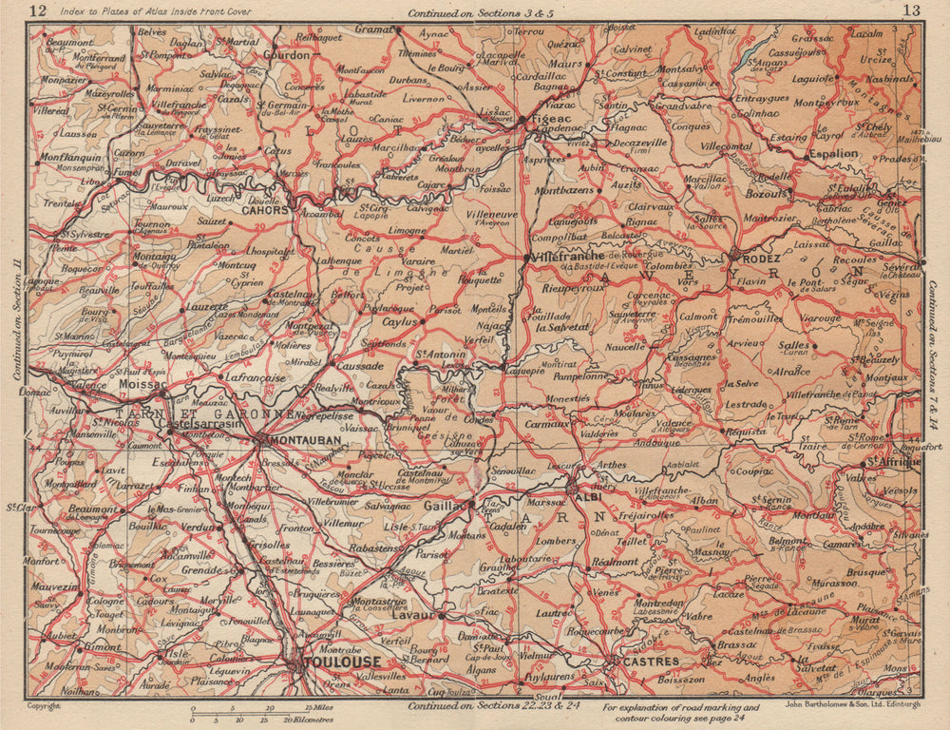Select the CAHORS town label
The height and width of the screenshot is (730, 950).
pos(266,211)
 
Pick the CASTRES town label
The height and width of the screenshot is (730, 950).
pos(651,661)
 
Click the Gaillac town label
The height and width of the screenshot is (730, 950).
pos(444,507)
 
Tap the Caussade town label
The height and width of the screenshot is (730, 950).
pos(361,365)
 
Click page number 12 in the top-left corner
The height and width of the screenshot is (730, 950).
pos(39,11)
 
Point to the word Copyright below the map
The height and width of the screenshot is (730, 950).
pos(45,706)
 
